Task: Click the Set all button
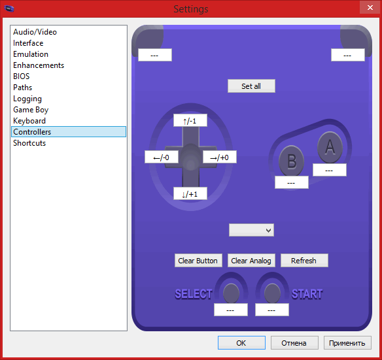251,86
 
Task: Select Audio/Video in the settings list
35,32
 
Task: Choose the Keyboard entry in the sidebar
29,121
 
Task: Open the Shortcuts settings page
29,143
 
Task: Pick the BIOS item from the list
21,76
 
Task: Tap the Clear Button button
198,261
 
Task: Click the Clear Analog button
251,261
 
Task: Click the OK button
241,343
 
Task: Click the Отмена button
294,343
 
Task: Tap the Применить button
347,343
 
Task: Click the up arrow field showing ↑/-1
190,120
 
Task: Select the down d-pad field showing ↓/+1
190,193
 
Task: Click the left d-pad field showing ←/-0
162,157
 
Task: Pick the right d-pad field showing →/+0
220,157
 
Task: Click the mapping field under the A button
330,170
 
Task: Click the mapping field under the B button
292,182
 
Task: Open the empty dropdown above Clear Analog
251,230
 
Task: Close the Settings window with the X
370,8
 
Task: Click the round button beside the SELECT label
231,293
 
